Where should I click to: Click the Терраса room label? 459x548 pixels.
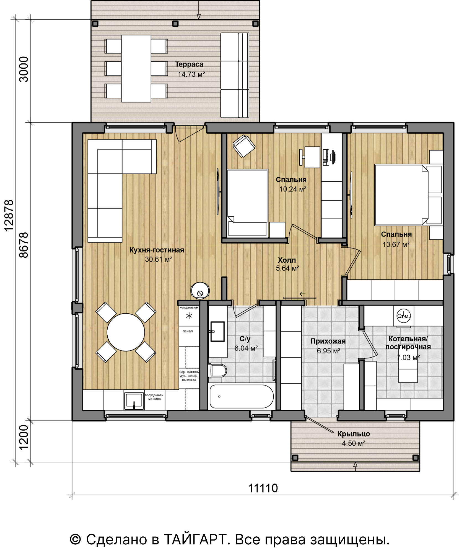coord(189,64)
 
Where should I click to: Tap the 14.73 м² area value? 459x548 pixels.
coord(191,74)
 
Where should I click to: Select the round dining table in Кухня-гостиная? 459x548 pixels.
coord(126,332)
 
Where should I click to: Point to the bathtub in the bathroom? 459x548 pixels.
coord(242,396)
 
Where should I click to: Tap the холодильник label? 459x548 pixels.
coord(189,307)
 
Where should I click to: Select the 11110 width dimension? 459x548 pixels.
coord(263,488)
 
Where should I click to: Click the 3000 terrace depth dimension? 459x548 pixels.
coord(24,69)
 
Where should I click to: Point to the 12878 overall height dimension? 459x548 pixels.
coord(9,215)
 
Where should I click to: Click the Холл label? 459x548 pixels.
coord(287,260)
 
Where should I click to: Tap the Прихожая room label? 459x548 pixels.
coord(328,341)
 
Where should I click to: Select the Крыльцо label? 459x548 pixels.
coord(354,434)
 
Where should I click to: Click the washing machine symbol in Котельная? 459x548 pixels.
coord(403,316)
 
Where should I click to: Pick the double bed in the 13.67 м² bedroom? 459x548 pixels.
coord(408,195)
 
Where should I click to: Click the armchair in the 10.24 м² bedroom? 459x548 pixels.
coord(244,146)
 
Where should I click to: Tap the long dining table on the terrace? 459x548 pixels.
coord(136,68)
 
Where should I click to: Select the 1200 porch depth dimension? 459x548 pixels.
coord(24,438)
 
